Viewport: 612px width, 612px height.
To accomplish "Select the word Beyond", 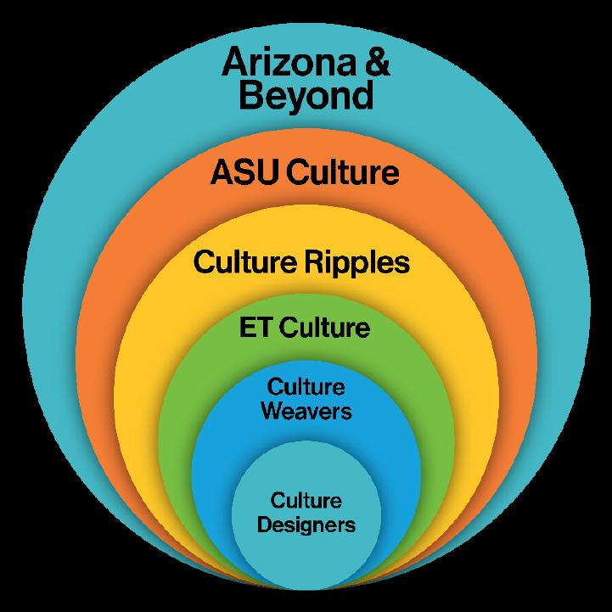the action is pyautogui.click(x=306, y=96).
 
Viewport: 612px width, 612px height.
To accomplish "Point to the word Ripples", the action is pyautogui.click(x=357, y=262).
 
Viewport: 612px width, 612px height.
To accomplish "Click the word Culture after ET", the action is pyautogui.click(x=325, y=327).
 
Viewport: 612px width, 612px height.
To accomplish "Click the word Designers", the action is pyautogui.click(x=306, y=525).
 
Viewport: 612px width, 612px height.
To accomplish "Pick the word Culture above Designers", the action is pyautogui.click(x=306, y=501).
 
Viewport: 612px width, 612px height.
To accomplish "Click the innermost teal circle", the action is pyautogui.click(x=306, y=552).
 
